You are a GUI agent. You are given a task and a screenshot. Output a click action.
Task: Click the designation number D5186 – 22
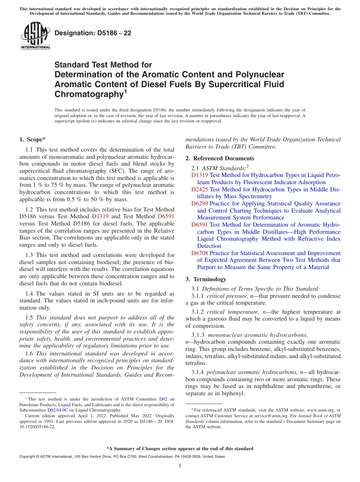tap(93, 33)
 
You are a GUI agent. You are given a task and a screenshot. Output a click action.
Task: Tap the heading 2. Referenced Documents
tap(220, 158)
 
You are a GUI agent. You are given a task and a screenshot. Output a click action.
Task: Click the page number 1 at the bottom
tap(180, 466)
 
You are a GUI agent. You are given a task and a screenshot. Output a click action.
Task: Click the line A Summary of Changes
tap(180, 449)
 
